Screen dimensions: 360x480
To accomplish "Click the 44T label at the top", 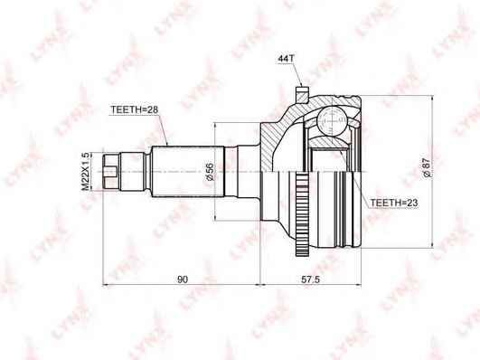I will point(287,60).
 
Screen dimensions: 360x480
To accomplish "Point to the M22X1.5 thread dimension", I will point(86,170).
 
